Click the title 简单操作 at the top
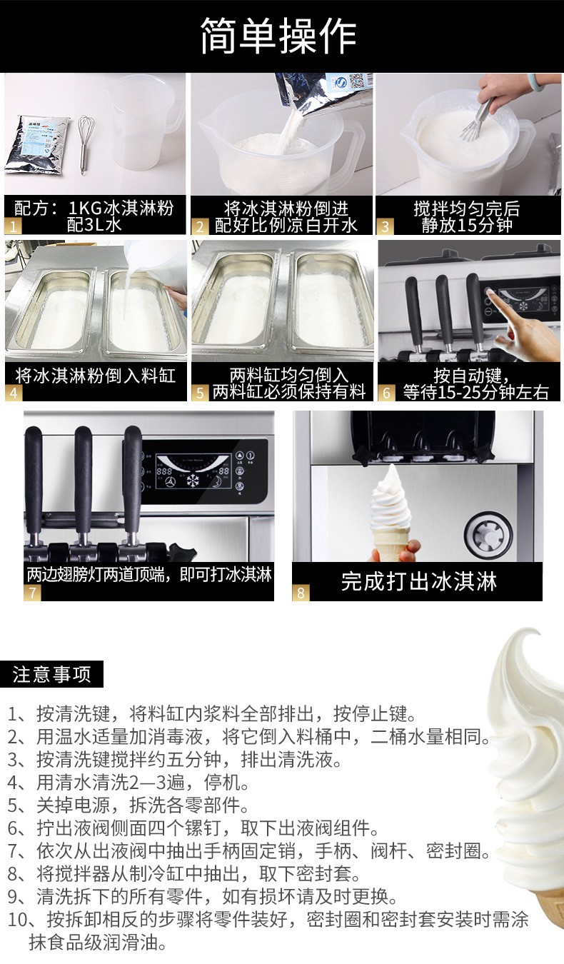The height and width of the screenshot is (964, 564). [x=278, y=36]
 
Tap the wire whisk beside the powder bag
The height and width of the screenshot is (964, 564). [x=84, y=144]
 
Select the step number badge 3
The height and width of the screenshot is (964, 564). [x=385, y=226]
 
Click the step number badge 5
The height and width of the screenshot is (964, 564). [x=200, y=393]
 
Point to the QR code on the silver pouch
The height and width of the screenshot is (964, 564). [x=359, y=80]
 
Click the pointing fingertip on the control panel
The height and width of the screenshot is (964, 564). [x=489, y=293]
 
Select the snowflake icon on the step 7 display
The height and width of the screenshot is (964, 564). [x=192, y=481]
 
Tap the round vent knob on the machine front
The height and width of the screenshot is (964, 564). [x=489, y=535]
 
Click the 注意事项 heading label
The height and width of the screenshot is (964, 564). [x=51, y=674]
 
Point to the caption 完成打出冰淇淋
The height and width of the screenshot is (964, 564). [x=419, y=581]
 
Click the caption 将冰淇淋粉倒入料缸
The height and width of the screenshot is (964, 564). [x=95, y=376]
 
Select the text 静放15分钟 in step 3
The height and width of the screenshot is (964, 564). [x=467, y=225]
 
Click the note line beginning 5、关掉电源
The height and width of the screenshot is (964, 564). [x=129, y=805]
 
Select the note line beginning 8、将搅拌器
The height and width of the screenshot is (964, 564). [x=184, y=873]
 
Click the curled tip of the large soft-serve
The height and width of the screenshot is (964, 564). [x=533, y=633]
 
